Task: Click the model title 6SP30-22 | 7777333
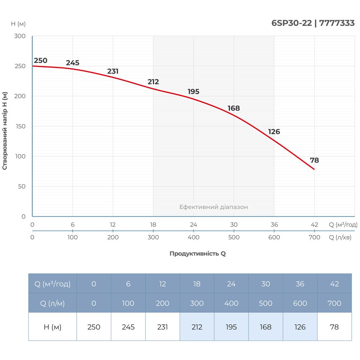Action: point(313,23)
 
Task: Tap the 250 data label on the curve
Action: point(40,60)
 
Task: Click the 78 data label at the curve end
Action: point(314,161)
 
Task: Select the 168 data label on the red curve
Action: point(234,108)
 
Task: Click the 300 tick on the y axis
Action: point(20,36)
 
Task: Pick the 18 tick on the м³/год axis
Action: point(153,225)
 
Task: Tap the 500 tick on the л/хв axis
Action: point(234,238)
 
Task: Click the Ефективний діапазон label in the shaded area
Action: point(213,207)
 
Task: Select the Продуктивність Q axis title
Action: point(198,253)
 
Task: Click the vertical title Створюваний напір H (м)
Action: point(5,130)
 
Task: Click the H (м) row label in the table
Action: point(52,327)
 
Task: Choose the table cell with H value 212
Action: point(197,327)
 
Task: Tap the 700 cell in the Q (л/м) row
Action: point(334,303)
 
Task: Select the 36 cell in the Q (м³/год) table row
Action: point(300,284)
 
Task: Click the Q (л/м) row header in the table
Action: point(52,303)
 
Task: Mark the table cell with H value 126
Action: point(300,327)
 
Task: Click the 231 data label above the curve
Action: point(113,71)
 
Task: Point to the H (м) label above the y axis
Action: point(18,24)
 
